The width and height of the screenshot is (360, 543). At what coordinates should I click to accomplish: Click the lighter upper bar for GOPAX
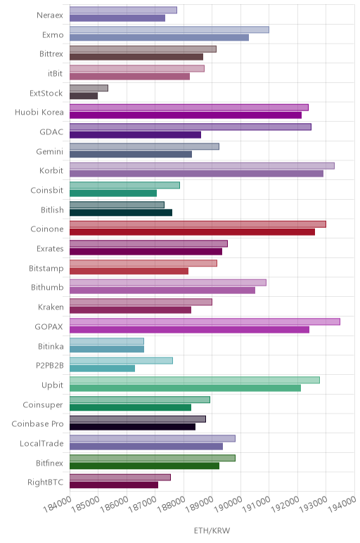click(205, 321)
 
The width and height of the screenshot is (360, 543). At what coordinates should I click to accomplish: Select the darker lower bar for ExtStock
click(84, 96)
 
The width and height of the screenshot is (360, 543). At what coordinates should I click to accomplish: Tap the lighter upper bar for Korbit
click(202, 166)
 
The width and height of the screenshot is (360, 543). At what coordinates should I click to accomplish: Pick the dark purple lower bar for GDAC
click(135, 135)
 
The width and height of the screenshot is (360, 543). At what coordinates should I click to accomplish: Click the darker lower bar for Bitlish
click(121, 212)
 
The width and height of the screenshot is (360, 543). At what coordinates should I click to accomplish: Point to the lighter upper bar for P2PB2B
click(121, 361)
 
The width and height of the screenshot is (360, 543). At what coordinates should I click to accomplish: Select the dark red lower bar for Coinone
click(193, 232)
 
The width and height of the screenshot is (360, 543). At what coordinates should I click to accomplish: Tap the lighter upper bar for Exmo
click(169, 30)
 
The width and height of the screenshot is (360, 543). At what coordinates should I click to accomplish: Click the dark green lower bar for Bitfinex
click(145, 466)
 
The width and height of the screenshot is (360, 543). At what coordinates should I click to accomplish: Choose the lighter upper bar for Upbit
click(195, 381)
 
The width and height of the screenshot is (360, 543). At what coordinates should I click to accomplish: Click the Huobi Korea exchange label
click(39, 113)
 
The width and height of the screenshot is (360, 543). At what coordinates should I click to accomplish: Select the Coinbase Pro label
click(37, 424)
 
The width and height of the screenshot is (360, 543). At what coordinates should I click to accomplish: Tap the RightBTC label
click(45, 483)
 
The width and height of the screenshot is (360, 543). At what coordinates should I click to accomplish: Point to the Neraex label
click(50, 15)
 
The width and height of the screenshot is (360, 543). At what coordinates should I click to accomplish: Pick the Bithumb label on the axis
click(47, 288)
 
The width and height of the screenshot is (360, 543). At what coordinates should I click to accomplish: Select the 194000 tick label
click(342, 504)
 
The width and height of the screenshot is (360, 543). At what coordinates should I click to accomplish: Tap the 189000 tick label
click(200, 504)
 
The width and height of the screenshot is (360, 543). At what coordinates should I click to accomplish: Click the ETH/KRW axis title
click(212, 530)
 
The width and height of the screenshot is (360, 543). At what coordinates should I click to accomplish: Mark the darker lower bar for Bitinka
click(107, 349)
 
